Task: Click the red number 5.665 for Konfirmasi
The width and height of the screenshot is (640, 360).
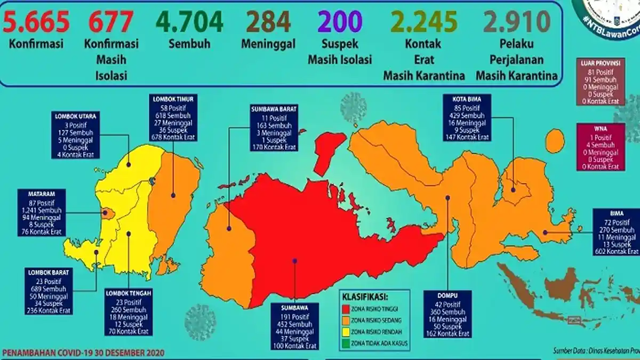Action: click(36, 22)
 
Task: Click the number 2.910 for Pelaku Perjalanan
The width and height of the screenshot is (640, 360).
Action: click(516, 22)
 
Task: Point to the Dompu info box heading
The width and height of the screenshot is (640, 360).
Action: click(446, 294)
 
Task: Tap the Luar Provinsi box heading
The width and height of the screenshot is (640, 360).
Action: click(601, 62)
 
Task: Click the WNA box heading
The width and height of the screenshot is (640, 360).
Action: click(601, 129)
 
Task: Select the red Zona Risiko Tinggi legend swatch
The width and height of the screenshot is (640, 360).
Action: click(346, 309)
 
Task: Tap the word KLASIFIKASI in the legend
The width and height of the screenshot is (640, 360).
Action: click(365, 297)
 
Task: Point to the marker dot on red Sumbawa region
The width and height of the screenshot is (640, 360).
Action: click(294, 260)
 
